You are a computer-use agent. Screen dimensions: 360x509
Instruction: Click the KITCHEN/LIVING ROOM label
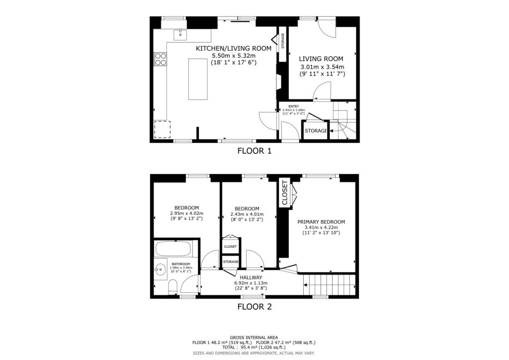[234, 48]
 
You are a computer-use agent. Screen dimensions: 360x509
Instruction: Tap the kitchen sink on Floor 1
[180, 35]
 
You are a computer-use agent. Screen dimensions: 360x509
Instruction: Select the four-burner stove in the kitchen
[161, 59]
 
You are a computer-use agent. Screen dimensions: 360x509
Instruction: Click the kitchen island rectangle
[197, 79]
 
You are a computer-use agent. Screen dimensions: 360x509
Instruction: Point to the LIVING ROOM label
[322, 59]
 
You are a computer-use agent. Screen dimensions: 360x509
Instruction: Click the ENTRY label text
[294, 106]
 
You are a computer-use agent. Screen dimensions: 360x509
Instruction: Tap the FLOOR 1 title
[254, 151]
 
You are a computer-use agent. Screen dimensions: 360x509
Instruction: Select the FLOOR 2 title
[254, 306]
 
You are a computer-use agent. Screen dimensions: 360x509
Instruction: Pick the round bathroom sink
[160, 270]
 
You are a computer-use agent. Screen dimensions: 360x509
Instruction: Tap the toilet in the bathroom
[172, 286]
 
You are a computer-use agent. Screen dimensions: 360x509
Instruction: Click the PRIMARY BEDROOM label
[321, 222]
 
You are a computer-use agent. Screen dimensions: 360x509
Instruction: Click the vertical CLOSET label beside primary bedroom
[284, 193]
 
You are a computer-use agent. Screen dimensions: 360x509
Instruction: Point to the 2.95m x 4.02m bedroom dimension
[186, 214]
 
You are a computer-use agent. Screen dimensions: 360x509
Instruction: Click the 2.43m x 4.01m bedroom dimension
[247, 214]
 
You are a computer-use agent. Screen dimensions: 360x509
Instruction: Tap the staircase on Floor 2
[331, 285]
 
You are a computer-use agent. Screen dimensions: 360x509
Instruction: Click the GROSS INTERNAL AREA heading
[254, 337]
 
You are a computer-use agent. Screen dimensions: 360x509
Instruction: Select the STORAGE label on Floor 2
[231, 262]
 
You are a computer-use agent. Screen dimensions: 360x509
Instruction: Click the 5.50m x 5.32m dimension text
[233, 56]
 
